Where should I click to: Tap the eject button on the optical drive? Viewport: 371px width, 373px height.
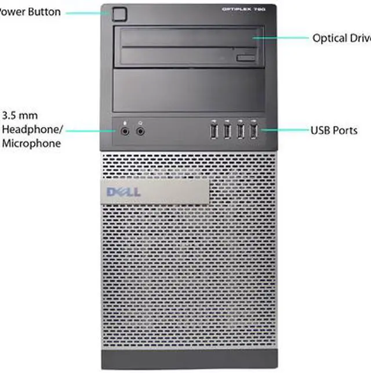(x=246, y=57)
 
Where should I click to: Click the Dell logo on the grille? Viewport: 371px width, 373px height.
(x=123, y=191)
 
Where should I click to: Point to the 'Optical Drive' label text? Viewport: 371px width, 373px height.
(x=341, y=38)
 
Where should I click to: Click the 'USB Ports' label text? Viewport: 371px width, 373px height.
(x=334, y=131)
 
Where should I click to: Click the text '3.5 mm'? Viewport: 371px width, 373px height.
(x=20, y=115)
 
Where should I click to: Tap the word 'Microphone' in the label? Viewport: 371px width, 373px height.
(x=32, y=143)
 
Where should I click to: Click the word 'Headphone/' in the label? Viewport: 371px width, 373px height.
(x=32, y=129)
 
